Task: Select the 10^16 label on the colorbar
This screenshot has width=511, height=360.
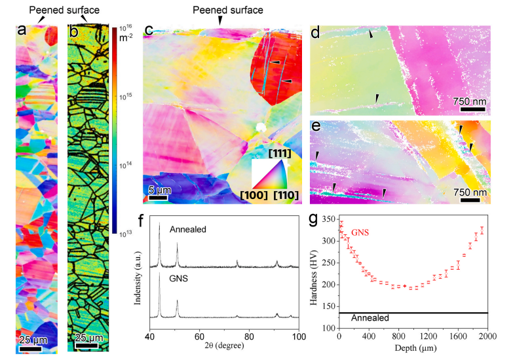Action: tap(127, 27)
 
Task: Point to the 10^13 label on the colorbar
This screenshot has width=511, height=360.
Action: tap(127, 232)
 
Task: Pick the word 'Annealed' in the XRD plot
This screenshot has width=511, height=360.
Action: tap(187, 230)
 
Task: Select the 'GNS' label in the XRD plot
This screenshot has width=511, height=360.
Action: tap(178, 279)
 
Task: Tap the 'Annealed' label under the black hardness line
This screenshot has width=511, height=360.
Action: tap(371, 318)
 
